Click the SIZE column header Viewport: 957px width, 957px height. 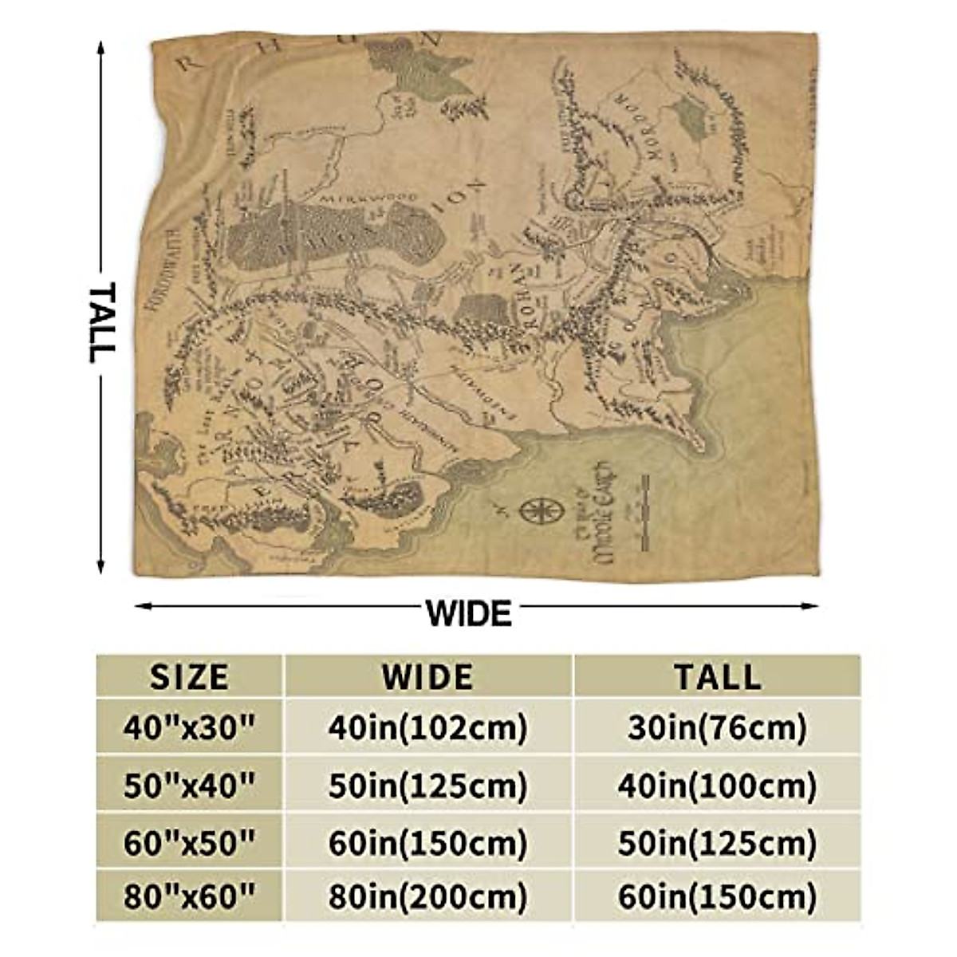189,677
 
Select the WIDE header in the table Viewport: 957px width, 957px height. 427,677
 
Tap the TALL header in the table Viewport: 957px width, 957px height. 717,677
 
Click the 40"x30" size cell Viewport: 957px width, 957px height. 189,727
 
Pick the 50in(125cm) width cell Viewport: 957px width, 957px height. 427,786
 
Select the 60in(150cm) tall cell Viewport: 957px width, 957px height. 717,898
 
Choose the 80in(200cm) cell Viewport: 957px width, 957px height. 427,898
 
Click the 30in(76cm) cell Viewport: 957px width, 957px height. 717,727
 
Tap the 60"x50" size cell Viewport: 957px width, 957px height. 189,842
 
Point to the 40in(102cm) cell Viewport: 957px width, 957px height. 427,727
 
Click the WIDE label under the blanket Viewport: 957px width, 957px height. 468,613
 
